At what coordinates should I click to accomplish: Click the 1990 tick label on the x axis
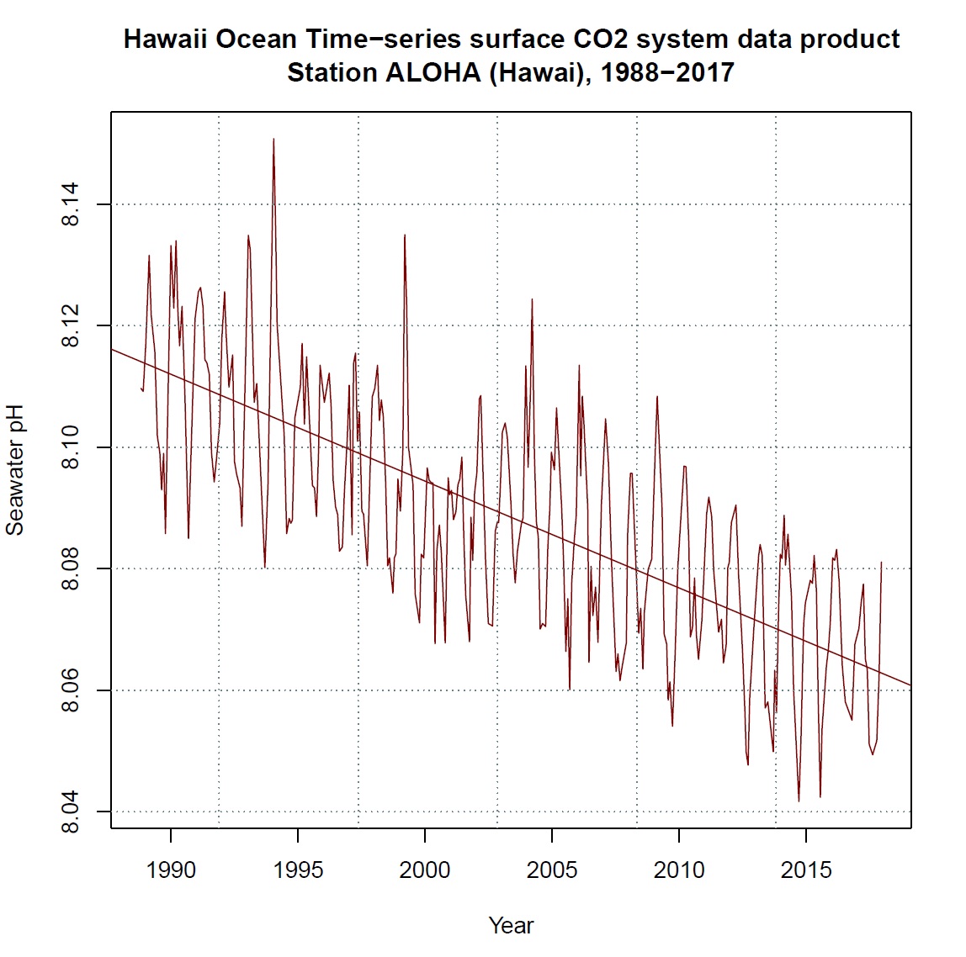171,870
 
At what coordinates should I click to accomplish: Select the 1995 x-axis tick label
298,870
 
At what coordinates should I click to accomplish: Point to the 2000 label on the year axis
425,870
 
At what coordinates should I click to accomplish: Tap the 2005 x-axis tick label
552,870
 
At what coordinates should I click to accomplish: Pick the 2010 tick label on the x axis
679,870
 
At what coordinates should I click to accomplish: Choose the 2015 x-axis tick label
806,870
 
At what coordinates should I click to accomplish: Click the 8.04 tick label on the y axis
71,812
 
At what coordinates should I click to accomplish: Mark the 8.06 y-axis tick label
71,690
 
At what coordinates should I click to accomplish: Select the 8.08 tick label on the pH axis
71,568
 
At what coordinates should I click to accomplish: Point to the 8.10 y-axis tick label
71,447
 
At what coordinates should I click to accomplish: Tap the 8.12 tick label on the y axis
71,325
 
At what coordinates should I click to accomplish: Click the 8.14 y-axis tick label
71,204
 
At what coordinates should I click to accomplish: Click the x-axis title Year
511,926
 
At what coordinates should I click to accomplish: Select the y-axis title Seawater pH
15,470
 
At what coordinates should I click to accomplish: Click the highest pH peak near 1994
273,140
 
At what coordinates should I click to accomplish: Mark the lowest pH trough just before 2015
799,801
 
